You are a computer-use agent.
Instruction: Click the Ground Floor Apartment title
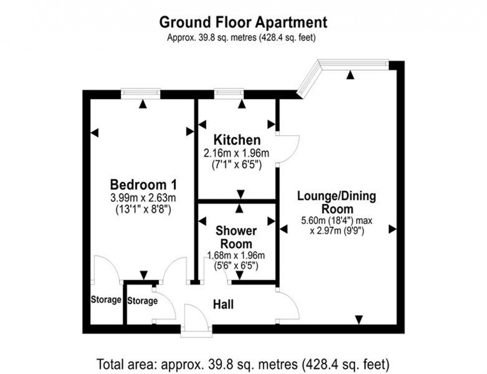click(x=243, y=22)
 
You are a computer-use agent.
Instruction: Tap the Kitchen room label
click(x=237, y=140)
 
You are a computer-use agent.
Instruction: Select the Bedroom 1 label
click(x=143, y=184)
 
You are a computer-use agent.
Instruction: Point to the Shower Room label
click(x=236, y=237)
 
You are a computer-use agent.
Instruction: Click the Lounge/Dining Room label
click(x=336, y=202)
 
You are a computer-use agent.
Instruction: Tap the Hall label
click(x=223, y=304)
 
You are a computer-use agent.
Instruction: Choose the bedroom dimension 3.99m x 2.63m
click(x=143, y=197)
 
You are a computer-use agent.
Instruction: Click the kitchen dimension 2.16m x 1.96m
click(x=237, y=153)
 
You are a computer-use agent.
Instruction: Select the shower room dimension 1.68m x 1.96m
click(x=236, y=256)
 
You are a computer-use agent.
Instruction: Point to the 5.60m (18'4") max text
click(x=336, y=220)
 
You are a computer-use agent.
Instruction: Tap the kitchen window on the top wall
click(x=229, y=92)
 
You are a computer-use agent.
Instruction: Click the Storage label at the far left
click(x=106, y=300)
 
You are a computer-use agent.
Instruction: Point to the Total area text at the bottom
click(x=243, y=362)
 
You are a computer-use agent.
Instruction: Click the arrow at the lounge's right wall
click(x=392, y=229)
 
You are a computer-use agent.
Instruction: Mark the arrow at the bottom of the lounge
click(x=359, y=320)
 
